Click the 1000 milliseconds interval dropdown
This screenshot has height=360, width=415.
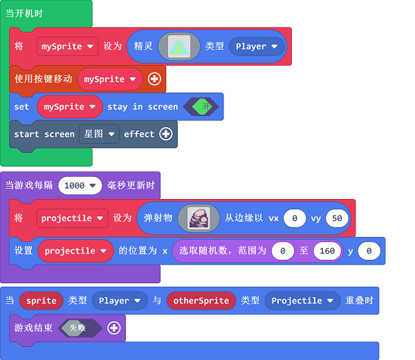tap(80, 185)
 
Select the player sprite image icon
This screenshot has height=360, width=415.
tap(179, 46)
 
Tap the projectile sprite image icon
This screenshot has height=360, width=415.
tap(199, 218)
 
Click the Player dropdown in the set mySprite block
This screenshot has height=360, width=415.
tap(257, 46)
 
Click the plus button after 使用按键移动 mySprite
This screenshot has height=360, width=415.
tap(154, 79)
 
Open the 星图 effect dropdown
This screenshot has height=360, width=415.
tap(99, 134)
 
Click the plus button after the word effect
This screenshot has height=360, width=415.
tap(166, 134)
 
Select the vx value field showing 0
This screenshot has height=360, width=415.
tap(295, 218)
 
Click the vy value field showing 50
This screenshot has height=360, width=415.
tap(337, 218)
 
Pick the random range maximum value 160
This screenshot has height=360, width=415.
tap(327, 251)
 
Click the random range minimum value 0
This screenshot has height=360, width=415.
tap(283, 251)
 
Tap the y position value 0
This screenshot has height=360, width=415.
tap(369, 251)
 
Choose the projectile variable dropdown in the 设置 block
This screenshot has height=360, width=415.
tap(75, 251)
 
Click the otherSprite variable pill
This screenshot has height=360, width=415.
tap(201, 301)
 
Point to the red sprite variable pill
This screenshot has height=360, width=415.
tap(41, 301)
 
